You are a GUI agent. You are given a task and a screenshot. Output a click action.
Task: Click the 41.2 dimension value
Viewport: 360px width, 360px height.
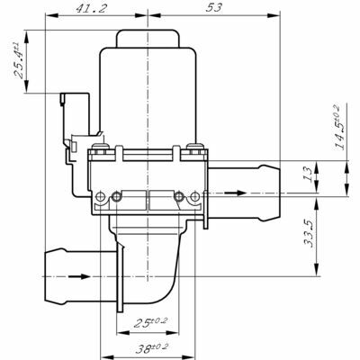pyautogui.click(x=91, y=8)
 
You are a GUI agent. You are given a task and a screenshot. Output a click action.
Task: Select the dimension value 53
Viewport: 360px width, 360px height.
pyautogui.click(x=214, y=7)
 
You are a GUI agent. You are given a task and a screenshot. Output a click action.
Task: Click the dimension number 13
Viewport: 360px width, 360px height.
pyautogui.click(x=308, y=174)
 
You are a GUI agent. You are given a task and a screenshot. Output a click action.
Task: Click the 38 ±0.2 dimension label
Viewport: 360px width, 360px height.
pyautogui.click(x=152, y=348)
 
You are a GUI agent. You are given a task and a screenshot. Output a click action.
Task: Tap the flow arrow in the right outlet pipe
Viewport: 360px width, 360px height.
pyautogui.click(x=236, y=193)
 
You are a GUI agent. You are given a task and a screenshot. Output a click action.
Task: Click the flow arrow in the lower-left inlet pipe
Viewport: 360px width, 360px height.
pyautogui.click(x=79, y=276)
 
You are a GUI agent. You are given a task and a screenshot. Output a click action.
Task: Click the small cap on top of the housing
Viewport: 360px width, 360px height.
pyautogui.click(x=148, y=39)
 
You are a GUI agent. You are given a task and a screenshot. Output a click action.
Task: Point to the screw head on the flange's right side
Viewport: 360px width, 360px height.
pyautogui.click(x=194, y=147)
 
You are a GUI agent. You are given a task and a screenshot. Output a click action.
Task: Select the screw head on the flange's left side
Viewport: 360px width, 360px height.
pyautogui.click(x=101, y=147)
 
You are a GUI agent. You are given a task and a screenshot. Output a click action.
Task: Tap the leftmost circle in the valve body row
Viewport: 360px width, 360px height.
pyautogui.click(x=100, y=197)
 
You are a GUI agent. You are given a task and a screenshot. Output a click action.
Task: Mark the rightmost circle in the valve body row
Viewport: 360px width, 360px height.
pyautogui.click(x=195, y=197)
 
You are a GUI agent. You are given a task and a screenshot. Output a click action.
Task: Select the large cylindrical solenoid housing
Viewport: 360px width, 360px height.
pyautogui.click(x=148, y=97)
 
